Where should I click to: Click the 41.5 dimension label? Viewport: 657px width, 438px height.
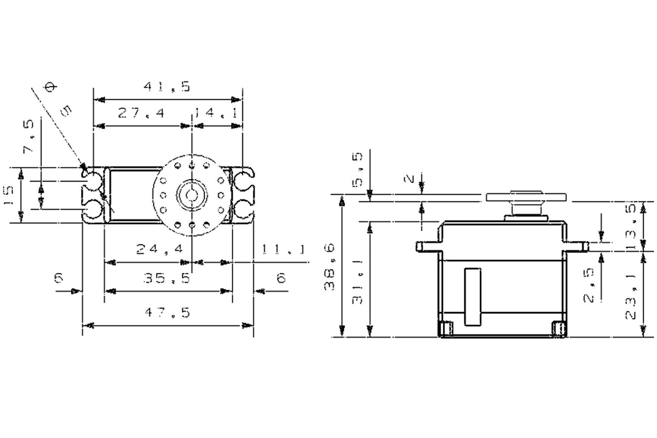(167, 87)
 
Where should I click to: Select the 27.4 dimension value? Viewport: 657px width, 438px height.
(141, 113)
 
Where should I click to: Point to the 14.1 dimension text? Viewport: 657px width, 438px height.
(216, 113)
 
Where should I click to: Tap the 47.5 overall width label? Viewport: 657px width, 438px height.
(167, 313)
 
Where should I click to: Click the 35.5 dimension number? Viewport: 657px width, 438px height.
(167, 278)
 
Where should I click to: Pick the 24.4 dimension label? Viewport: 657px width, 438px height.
(159, 249)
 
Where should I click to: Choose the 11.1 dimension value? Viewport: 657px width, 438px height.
(283, 249)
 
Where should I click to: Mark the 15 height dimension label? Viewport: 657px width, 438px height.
(9, 195)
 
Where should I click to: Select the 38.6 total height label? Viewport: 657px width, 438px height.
(329, 267)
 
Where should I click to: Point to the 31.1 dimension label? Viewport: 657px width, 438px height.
(357, 281)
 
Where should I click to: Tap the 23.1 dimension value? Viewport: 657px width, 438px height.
(630, 297)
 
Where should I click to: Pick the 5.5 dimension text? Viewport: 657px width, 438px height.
(357, 170)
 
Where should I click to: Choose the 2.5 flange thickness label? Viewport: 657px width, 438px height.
(589, 285)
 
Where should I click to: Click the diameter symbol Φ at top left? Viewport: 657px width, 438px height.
(50, 87)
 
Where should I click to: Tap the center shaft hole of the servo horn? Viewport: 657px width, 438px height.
(192, 194)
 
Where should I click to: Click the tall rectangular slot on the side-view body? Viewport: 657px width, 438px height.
(472, 297)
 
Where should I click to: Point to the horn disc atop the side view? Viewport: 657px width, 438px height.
(526, 197)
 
